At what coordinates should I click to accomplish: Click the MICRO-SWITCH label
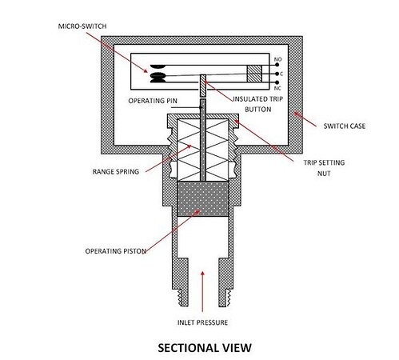pyautogui.click(x=82, y=26)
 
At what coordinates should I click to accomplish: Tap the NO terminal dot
pyautogui.click(x=277, y=65)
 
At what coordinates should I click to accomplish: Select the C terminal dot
pyautogui.click(x=277, y=74)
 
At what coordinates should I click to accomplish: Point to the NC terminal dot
pyautogui.click(x=277, y=82)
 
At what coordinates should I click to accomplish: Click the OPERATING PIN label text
pyautogui.click(x=153, y=101)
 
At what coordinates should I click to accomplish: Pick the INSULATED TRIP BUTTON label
pyautogui.click(x=258, y=104)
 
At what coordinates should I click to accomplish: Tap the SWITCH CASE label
pyautogui.click(x=345, y=126)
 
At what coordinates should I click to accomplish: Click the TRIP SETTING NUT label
pyautogui.click(x=324, y=168)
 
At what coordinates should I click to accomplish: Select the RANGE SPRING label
pyautogui.click(x=116, y=171)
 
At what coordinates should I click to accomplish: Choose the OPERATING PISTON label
pyautogui.click(x=116, y=251)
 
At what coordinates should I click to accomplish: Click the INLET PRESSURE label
pyautogui.click(x=202, y=322)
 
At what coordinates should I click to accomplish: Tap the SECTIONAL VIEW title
pyautogui.click(x=205, y=348)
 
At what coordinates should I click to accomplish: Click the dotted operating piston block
pyautogui.click(x=203, y=199)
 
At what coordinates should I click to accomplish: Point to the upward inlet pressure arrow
pyautogui.click(x=202, y=291)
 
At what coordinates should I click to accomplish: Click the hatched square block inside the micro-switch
pyautogui.click(x=254, y=74)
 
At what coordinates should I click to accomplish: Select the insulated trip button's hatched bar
pyautogui.click(x=203, y=86)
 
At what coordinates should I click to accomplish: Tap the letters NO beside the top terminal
pyautogui.click(x=278, y=59)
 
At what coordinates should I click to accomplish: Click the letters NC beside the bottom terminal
pyautogui.click(x=277, y=88)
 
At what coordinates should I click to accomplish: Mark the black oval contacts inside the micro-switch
pyautogui.click(x=158, y=74)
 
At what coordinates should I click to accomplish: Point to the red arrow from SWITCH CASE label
pyautogui.click(x=305, y=120)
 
